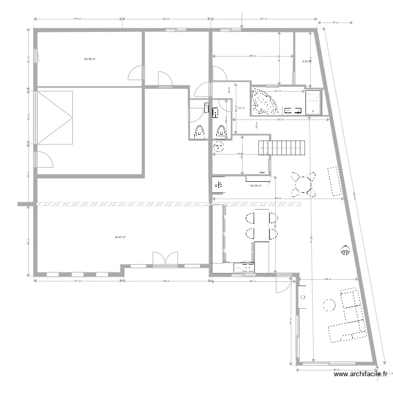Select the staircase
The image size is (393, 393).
[x=281, y=147]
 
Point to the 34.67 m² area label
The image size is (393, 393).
[x=120, y=237]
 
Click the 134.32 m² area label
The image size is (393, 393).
[x=255, y=185]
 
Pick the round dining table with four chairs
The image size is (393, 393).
[x=303, y=184]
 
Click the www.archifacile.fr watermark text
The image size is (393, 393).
[x=361, y=374]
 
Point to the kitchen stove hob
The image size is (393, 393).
[x=244, y=267]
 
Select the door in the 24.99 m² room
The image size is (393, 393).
[x=136, y=73]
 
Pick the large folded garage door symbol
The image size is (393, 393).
[x=54, y=117]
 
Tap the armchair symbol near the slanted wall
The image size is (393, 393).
[x=345, y=250]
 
